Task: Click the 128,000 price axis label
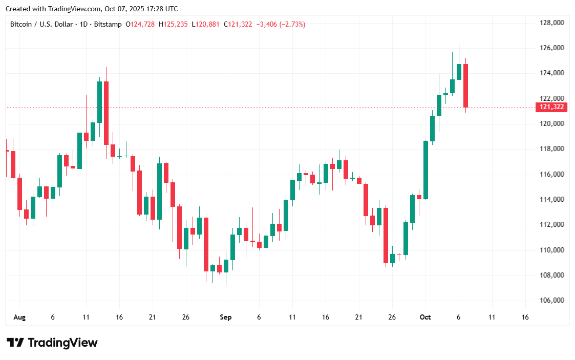(x=552, y=23)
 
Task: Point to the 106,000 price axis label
(x=552, y=301)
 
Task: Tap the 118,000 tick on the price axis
(x=552, y=149)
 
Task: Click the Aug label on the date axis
(x=19, y=317)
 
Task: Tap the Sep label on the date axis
(x=226, y=317)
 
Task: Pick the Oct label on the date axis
(x=425, y=317)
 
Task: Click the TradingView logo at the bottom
(x=52, y=343)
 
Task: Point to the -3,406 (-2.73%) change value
(x=280, y=24)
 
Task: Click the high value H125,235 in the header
(x=174, y=24)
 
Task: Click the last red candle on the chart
(x=465, y=86)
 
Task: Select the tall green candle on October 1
(x=425, y=170)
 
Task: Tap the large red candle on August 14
(x=106, y=113)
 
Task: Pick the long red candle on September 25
(x=386, y=235)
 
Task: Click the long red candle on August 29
(x=206, y=244)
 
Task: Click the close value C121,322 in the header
(x=238, y=24)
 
